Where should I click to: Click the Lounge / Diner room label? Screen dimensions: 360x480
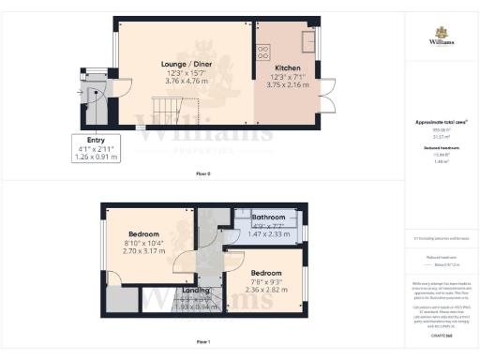click(184, 65)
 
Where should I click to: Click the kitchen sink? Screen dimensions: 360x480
click(307, 41)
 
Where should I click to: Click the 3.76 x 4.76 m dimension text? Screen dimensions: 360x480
click(184, 82)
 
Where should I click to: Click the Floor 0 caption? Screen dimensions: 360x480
click(202, 174)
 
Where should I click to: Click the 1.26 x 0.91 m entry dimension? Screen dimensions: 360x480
click(96, 157)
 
